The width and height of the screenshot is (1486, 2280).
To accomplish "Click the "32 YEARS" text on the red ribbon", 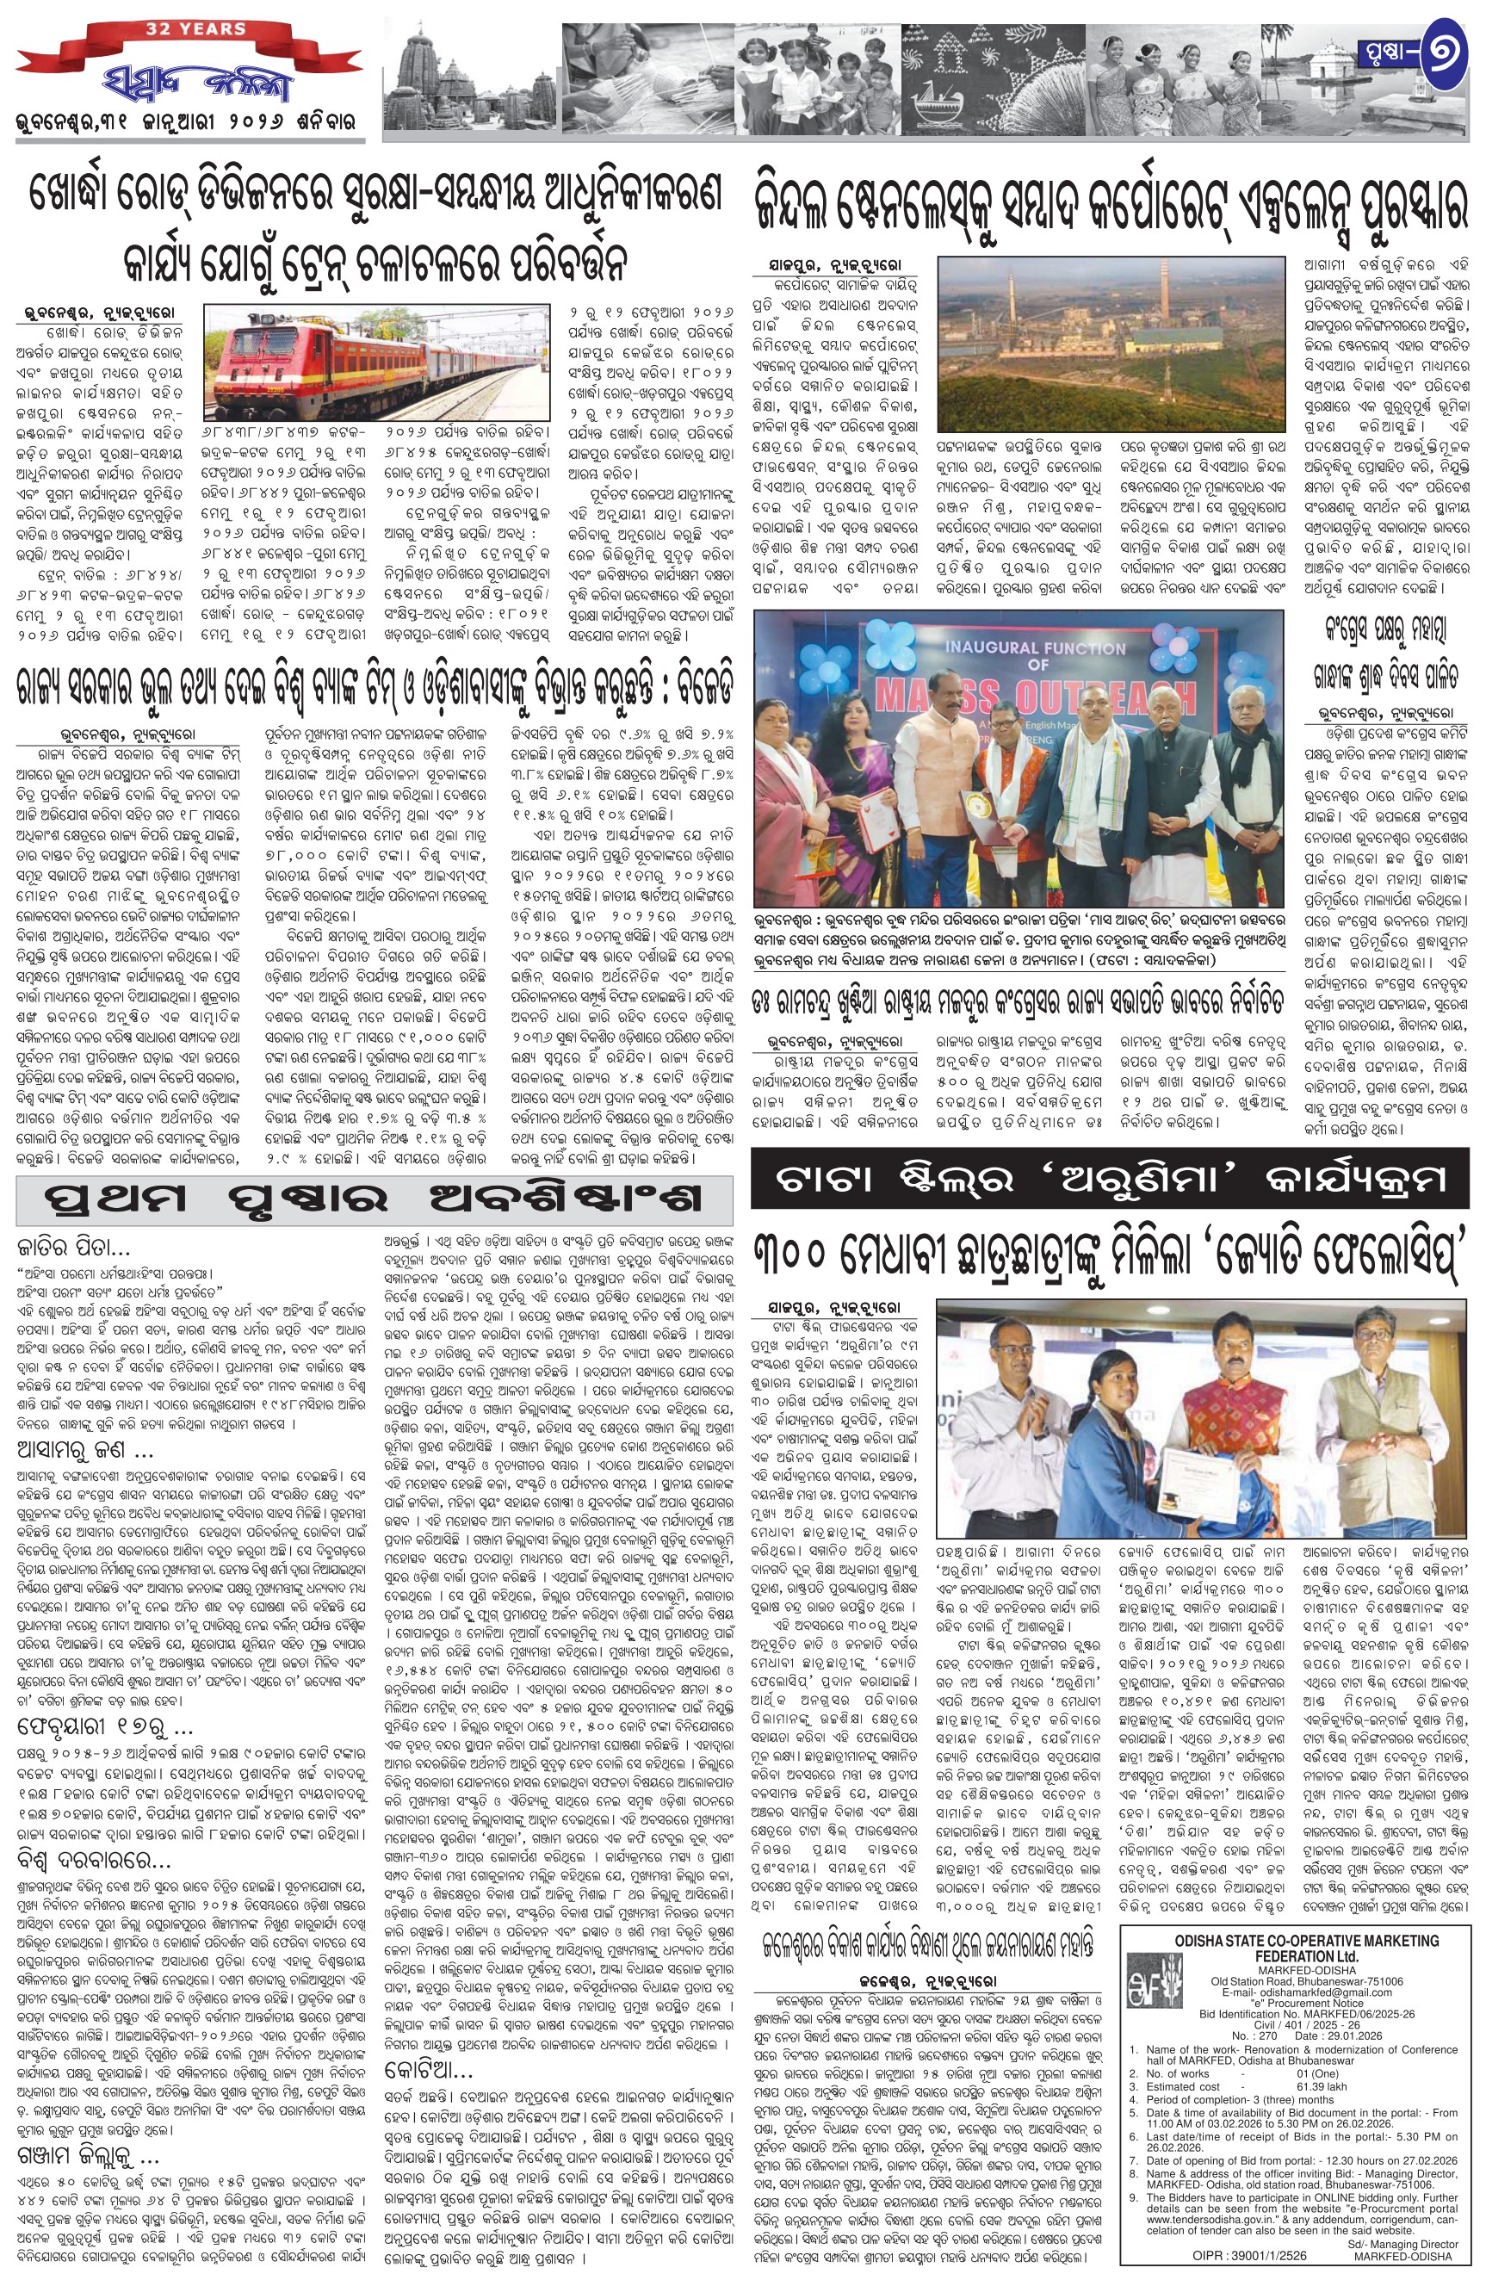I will point(195,28).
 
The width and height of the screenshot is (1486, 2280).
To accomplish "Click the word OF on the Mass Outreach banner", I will point(1037,664).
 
